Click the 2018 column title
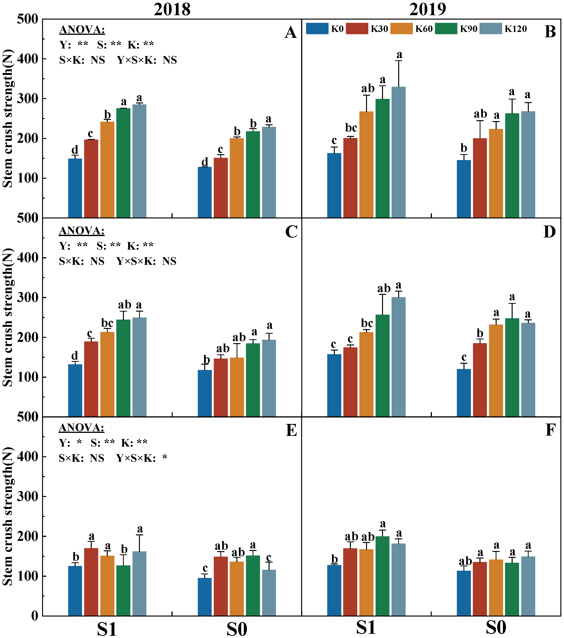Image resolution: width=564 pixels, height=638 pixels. [172, 9]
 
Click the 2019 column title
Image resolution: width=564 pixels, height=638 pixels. [428, 9]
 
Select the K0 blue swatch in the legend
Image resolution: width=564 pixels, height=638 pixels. [317, 28]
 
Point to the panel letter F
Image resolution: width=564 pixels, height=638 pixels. [550, 430]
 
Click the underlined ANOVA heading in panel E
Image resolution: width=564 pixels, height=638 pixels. [81, 428]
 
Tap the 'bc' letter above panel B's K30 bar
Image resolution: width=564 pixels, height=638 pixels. [351, 128]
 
